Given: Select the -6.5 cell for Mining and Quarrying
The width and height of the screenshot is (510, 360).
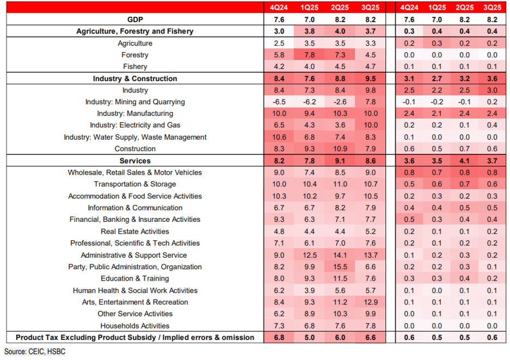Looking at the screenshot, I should (x=279, y=102).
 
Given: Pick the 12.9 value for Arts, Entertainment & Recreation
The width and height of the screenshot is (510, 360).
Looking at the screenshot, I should (x=370, y=302).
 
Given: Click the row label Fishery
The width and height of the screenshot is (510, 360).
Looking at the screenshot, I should (x=135, y=67).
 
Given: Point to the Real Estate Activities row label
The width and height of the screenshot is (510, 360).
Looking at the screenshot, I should (x=135, y=232).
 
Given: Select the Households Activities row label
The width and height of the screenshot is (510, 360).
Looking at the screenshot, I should (x=135, y=326).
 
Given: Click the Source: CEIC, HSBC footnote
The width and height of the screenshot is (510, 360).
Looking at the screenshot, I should (x=35, y=352).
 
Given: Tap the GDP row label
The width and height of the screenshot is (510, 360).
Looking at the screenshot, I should (x=135, y=20).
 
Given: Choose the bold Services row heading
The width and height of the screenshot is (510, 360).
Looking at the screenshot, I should (x=135, y=161).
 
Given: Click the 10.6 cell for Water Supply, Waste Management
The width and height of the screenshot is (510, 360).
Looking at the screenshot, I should (x=279, y=138).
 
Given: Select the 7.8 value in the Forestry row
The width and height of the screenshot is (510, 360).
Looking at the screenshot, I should (x=309, y=55).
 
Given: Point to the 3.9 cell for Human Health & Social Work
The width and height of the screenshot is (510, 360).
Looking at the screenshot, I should (x=309, y=290).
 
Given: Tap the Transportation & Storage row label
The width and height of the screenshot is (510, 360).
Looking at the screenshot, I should (x=135, y=184).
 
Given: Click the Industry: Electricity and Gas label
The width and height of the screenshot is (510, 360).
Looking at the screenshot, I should (x=135, y=126).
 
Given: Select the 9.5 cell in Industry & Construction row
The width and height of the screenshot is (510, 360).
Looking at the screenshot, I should (x=370, y=79).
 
